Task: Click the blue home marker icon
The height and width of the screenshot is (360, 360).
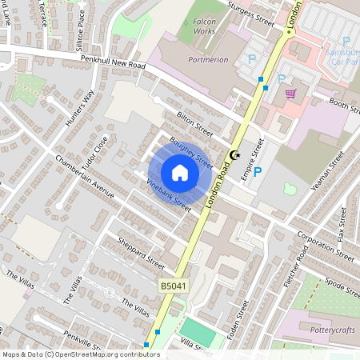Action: [x=180, y=173]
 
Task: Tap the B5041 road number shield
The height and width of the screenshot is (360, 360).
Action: [x=172, y=284]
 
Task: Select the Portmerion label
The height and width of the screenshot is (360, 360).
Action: [x=208, y=59]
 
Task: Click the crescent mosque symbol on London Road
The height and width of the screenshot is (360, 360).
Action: [x=234, y=154]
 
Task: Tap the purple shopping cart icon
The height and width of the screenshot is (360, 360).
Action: [x=290, y=93]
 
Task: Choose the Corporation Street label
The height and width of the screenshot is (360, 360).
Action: [x=323, y=246]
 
